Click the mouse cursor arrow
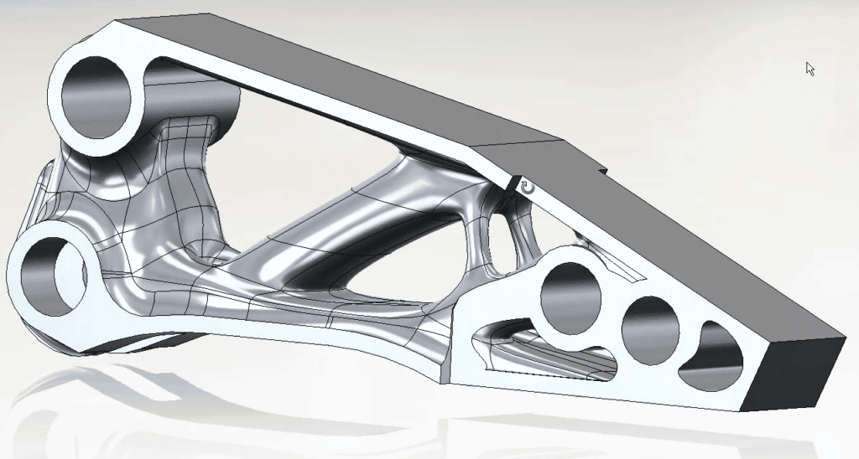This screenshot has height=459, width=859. point(810,69)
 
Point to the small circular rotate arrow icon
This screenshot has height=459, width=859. point(527,187)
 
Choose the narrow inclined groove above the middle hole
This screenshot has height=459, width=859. point(621,268)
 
